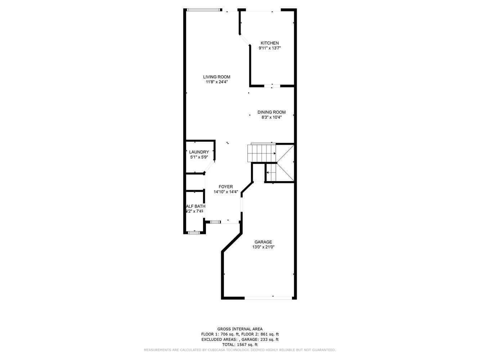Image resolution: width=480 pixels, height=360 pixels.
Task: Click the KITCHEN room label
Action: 270,43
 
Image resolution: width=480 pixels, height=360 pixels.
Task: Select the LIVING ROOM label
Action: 216,77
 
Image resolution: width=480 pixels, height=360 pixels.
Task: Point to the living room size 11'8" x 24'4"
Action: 216,82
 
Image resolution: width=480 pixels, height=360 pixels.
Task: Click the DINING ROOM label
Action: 271,112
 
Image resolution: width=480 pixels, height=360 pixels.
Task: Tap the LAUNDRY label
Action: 199,152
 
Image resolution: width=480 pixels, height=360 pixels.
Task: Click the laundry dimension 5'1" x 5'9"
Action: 199,157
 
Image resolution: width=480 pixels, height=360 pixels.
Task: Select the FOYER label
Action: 226,187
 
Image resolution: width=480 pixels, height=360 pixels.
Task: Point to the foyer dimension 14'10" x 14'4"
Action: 226,192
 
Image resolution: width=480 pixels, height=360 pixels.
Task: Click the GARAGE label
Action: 263,242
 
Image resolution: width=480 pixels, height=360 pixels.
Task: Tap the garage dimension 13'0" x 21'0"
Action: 263,247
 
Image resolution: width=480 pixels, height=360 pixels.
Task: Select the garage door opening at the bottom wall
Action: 268,298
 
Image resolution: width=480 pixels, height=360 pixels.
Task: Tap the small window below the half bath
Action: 194,233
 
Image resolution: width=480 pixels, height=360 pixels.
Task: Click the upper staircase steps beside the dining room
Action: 261,153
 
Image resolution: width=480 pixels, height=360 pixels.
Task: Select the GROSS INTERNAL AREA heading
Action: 240,329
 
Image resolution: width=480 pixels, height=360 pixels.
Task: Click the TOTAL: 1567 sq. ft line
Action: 240,345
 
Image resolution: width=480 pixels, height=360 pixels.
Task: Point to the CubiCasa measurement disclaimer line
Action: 240,350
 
